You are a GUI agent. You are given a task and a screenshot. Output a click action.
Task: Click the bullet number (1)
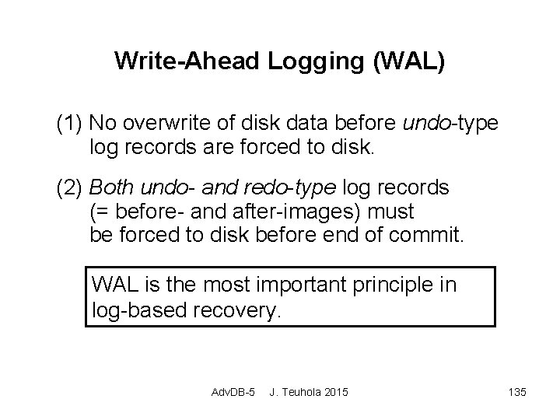click(x=70, y=124)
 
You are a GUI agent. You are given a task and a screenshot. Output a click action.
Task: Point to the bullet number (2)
click(x=70, y=187)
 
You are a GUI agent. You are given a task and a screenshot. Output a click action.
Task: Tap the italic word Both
click(x=111, y=187)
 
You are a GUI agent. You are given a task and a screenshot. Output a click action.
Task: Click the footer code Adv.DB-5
click(x=233, y=391)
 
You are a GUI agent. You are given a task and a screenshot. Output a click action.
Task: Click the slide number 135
click(x=516, y=391)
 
